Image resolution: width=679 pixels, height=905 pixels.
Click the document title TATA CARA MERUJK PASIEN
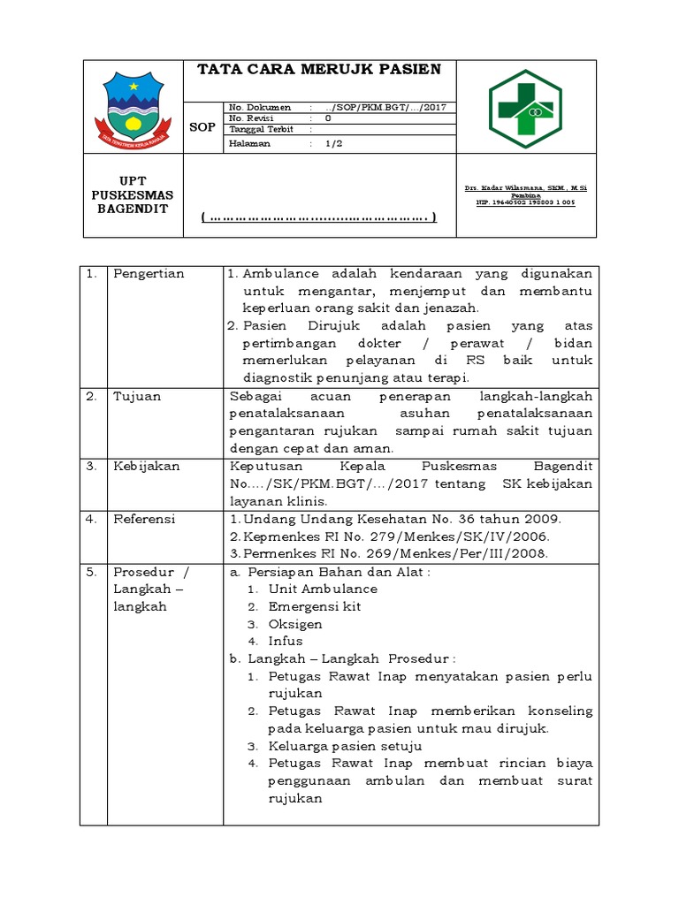[x=318, y=70]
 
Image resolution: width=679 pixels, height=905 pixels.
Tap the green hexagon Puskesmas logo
[x=526, y=107]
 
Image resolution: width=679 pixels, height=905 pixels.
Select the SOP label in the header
[x=202, y=127]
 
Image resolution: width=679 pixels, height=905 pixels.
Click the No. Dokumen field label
[x=260, y=107]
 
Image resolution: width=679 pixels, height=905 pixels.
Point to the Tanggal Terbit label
[x=261, y=128]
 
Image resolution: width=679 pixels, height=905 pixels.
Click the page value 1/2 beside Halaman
[x=333, y=143]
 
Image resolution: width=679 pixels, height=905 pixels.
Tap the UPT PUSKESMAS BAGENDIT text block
[x=133, y=194]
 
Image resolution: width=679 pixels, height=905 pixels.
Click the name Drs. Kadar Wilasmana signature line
[x=526, y=188]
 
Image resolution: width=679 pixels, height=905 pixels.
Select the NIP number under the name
[x=526, y=202]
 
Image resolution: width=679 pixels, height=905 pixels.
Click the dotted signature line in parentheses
[x=319, y=217]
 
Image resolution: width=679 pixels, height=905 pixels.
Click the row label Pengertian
[x=149, y=274]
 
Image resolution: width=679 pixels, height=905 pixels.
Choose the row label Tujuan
[x=137, y=396]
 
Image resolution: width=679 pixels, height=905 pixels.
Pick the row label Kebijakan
[x=146, y=466]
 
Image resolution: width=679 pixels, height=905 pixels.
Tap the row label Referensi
[x=144, y=519]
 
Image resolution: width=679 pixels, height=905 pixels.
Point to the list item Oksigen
[x=295, y=624]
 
